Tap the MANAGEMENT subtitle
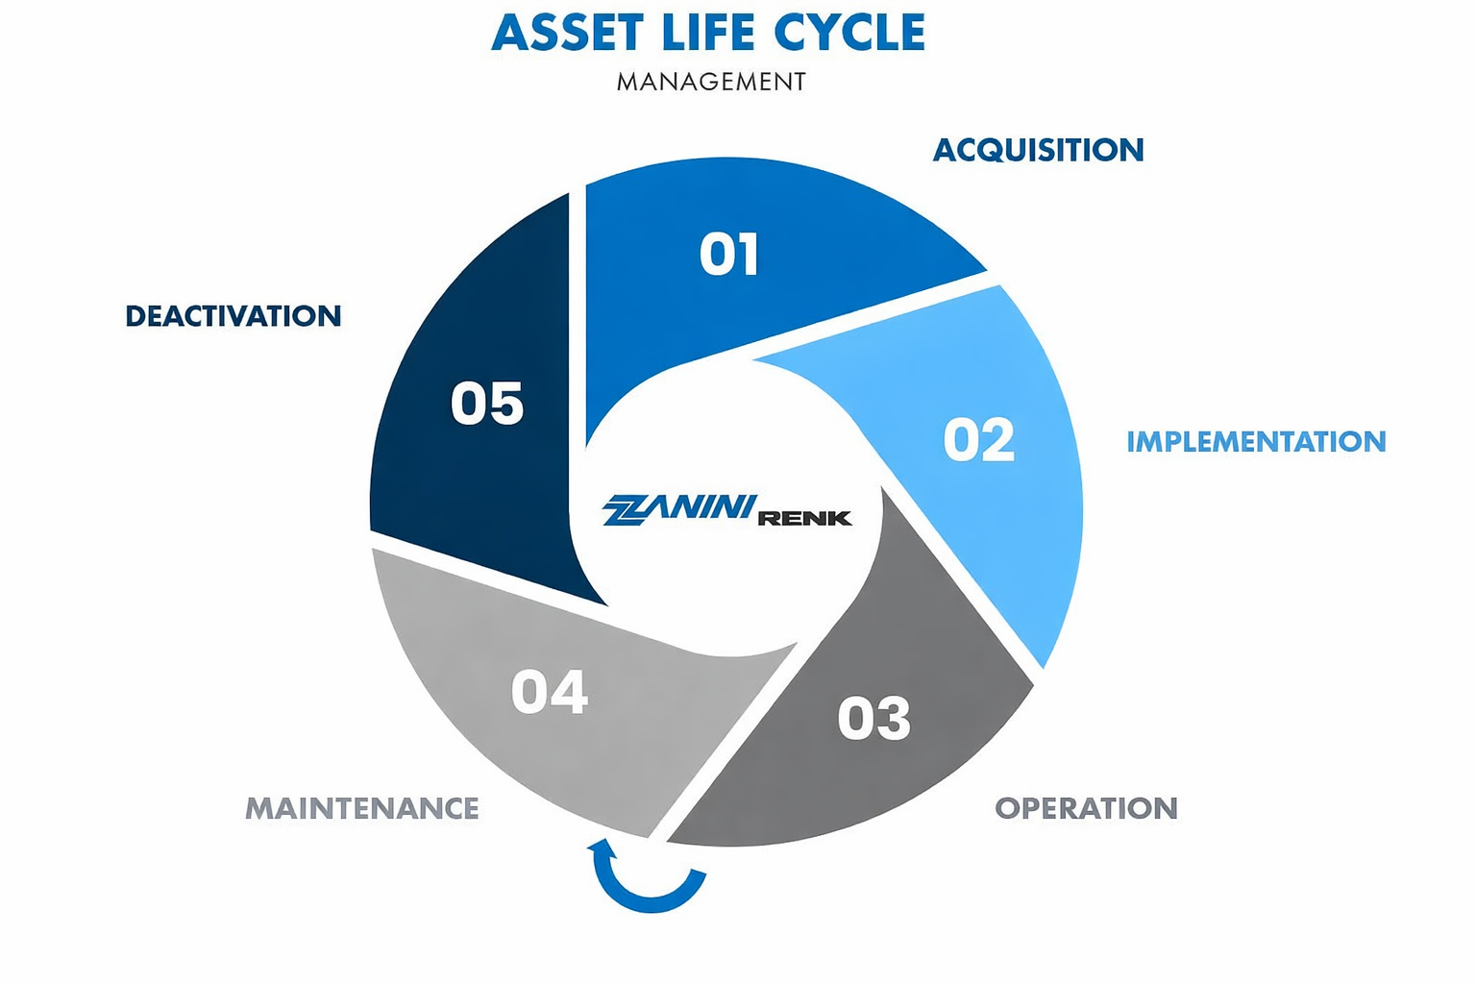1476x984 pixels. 711,82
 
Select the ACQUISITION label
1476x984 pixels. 1038,150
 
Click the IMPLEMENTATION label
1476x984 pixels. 1256,441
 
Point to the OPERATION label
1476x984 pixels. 1086,808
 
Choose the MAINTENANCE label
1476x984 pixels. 362,808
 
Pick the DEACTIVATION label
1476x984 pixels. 234,316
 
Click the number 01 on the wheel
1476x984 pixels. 729,255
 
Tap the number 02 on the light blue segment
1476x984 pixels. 978,440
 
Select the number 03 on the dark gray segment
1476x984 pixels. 873,718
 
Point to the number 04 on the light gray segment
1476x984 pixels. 549,692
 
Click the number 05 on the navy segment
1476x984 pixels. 487,404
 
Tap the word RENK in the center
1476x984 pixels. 804,519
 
